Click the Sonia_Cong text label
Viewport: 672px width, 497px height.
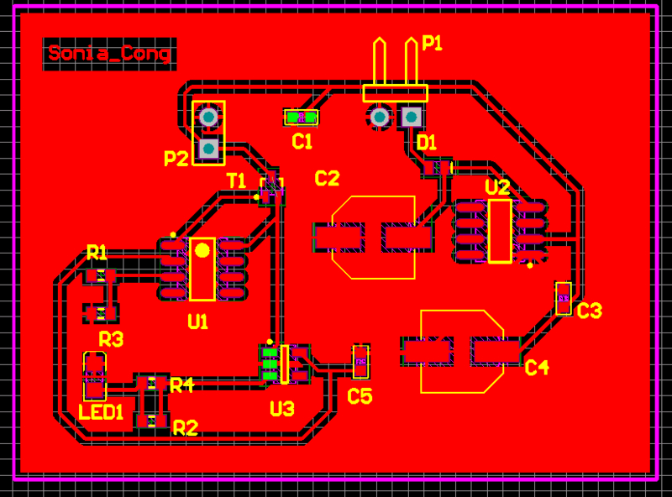[x=110, y=54]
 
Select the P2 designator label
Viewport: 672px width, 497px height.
[x=176, y=158]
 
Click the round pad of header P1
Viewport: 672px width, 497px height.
[x=380, y=117]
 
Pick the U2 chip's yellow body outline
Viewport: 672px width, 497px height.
[x=500, y=231]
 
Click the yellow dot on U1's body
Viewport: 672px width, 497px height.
[x=202, y=249]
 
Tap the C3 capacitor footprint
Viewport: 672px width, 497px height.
[x=564, y=298]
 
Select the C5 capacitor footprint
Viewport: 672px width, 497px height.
[x=360, y=361]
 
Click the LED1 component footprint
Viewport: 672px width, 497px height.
[x=94, y=375]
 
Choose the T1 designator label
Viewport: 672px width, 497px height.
[x=237, y=180]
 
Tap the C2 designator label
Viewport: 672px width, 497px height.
[x=327, y=178]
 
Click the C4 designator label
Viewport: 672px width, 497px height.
[x=537, y=367]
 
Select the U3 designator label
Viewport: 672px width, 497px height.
[x=282, y=409]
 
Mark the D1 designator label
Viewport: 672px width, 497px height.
[x=427, y=143]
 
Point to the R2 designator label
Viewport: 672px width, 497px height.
[x=186, y=428]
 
